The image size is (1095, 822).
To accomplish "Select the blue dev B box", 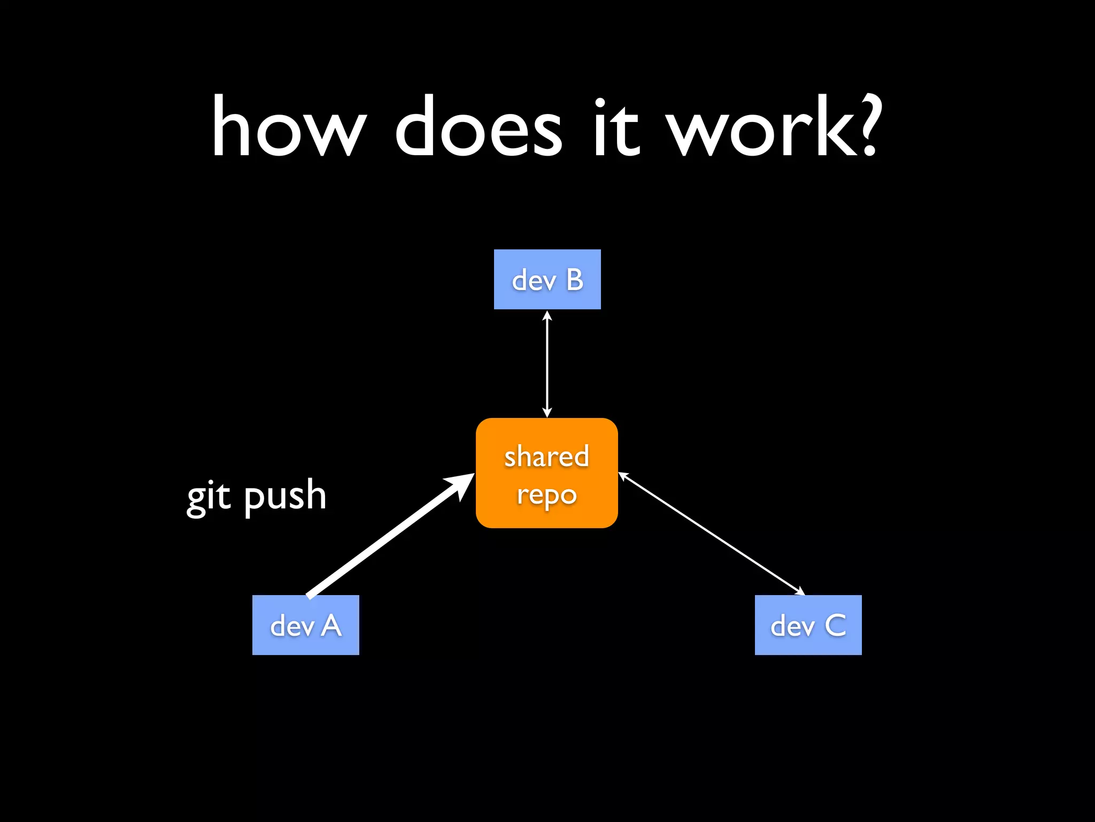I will tap(547, 279).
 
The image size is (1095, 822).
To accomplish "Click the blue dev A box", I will tap(305, 625).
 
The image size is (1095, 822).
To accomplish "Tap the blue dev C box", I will tap(808, 625).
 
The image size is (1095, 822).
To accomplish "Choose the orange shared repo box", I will tap(546, 473).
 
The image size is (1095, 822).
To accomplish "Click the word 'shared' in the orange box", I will tap(546, 456).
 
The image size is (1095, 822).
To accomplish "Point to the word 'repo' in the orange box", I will tap(546, 495).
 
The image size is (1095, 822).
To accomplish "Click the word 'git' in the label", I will tap(209, 497).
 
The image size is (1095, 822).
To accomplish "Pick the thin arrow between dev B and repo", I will tap(547, 364).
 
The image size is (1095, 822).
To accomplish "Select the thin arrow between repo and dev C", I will tap(711, 534).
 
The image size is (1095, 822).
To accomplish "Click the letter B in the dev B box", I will tap(575, 279).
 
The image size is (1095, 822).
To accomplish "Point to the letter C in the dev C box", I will tap(835, 625).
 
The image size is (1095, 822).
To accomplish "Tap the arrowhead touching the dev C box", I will tap(800, 591).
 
